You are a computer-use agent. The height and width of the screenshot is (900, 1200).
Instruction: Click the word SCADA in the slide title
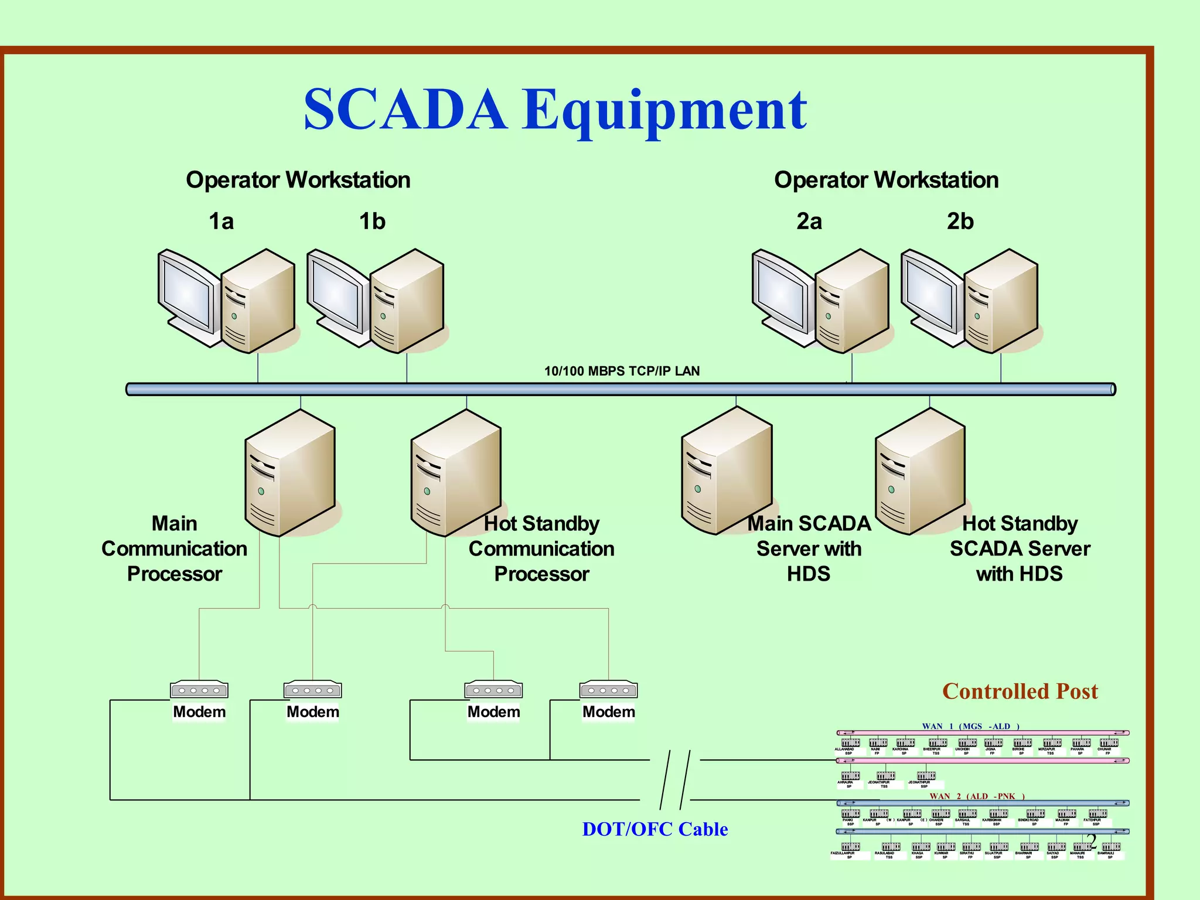(x=405, y=110)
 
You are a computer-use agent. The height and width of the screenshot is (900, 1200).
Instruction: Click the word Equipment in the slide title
(x=664, y=111)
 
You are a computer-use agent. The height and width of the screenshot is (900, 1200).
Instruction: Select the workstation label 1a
(x=221, y=221)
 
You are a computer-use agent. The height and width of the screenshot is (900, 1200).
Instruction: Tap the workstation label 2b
(x=960, y=221)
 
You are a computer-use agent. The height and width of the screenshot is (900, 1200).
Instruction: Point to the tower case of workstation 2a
(x=853, y=302)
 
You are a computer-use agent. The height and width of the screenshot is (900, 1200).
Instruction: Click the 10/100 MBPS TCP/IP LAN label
(x=622, y=371)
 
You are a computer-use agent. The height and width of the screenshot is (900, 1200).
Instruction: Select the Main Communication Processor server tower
(x=290, y=473)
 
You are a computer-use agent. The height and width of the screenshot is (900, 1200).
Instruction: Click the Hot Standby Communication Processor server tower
(x=456, y=473)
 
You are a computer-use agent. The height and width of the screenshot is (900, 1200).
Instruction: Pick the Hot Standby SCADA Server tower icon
(x=920, y=472)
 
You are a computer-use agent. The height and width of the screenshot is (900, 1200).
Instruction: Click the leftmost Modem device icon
(x=199, y=690)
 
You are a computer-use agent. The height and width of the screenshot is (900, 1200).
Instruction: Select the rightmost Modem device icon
(x=608, y=690)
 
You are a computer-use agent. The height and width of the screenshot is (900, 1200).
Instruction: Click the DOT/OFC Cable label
(x=654, y=829)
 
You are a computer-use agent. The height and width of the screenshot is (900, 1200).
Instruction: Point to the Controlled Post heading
(x=1020, y=691)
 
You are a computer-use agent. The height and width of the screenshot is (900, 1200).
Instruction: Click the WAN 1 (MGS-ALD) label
(x=970, y=726)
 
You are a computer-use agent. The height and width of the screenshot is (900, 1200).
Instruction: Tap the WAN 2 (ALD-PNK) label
(x=977, y=796)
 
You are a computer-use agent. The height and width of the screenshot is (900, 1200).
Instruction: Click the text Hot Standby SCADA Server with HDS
(x=1020, y=548)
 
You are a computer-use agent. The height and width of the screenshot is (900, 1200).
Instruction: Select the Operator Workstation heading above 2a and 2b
(x=886, y=180)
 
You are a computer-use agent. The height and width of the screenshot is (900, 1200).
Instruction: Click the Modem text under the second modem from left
(x=312, y=712)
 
